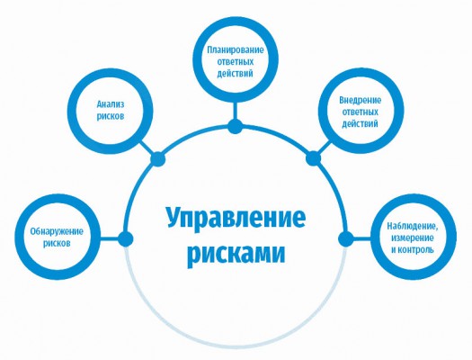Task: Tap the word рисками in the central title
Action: point(236,254)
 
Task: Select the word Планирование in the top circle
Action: point(235,49)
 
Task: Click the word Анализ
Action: point(111,104)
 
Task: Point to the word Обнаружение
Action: point(57,231)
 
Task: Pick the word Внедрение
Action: point(360,100)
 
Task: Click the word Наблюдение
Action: point(413,226)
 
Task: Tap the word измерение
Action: point(413,238)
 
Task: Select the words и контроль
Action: point(413,249)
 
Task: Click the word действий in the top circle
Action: point(235,73)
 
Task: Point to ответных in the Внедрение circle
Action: point(360,112)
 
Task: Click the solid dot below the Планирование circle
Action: point(235,126)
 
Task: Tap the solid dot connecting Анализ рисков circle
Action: point(157,158)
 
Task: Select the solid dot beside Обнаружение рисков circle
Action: point(125,239)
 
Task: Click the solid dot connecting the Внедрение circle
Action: point(314,158)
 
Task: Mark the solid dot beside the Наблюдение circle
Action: point(346,239)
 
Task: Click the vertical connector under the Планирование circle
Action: point(235,111)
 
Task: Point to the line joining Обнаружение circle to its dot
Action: point(109,239)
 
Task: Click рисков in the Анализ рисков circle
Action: point(111,116)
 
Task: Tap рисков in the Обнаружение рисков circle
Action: point(57,243)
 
